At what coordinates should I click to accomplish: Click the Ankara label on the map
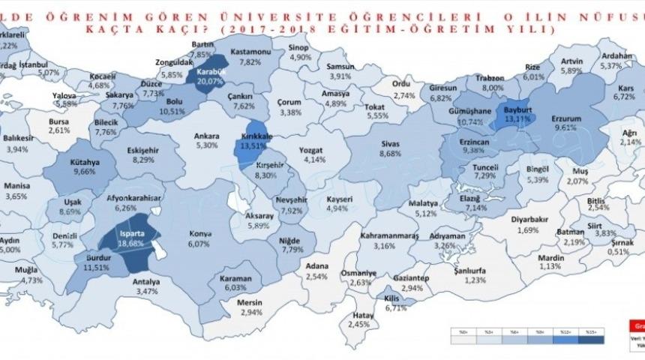pos(206,136)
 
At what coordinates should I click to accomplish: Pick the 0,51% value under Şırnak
pos(619,251)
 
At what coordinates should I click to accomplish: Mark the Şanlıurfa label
pos(471,270)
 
